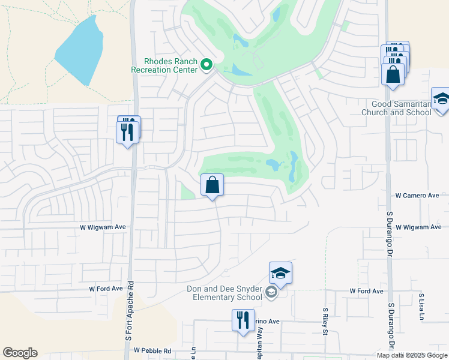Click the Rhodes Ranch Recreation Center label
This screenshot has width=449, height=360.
tap(164, 65)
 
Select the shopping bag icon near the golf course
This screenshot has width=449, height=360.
tap(212, 185)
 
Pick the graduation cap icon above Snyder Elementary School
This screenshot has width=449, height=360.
tap(280, 273)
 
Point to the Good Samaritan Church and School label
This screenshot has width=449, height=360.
tap(404, 108)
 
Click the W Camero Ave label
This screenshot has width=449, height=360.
tap(417, 196)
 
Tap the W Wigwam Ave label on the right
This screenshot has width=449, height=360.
tap(418, 227)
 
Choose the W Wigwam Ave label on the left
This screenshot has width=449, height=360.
tap(103, 227)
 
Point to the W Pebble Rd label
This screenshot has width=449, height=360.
tap(152, 350)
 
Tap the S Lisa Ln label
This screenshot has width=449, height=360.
tap(421, 306)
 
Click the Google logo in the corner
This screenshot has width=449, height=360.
tap(20, 353)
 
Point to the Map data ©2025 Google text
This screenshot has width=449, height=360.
tap(411, 355)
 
